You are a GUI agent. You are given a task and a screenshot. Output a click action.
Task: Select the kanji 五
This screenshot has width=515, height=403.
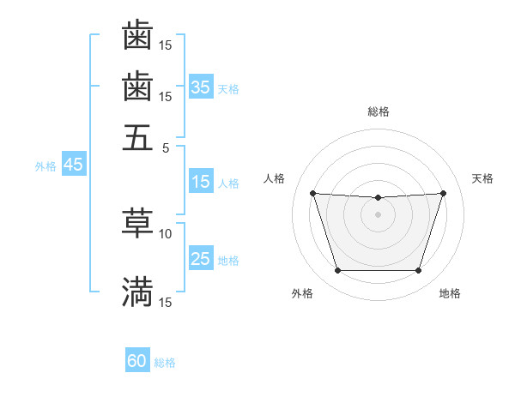pyautogui.click(x=138, y=137)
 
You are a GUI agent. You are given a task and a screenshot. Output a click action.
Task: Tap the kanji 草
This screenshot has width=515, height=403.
pyautogui.click(x=138, y=222)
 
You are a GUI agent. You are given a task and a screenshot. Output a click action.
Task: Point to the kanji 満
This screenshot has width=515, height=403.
pyautogui.click(x=138, y=292)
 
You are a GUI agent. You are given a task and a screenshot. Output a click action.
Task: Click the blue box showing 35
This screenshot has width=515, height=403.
pyautogui.click(x=201, y=87)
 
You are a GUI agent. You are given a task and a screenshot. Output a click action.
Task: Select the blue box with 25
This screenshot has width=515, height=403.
pyautogui.click(x=201, y=260)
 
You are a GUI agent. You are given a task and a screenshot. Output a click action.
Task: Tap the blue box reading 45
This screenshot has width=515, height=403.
pyautogui.click(x=73, y=165)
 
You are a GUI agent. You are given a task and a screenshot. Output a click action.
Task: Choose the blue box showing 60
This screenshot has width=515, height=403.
pyautogui.click(x=137, y=361)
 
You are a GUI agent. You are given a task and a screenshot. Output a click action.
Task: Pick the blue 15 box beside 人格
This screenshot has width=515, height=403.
pyautogui.click(x=201, y=183)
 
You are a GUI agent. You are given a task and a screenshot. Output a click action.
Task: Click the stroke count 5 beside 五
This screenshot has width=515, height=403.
pyautogui.click(x=167, y=147)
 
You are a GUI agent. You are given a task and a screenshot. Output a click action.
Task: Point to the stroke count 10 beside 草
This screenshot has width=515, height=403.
pyautogui.click(x=166, y=232)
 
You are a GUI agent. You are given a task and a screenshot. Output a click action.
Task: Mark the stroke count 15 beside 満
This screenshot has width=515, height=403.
pyautogui.click(x=166, y=303)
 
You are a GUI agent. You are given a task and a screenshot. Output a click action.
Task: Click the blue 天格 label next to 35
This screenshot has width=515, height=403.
pyautogui.click(x=228, y=88)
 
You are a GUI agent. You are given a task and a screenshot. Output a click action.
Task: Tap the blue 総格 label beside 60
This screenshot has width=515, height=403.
pyautogui.click(x=165, y=363)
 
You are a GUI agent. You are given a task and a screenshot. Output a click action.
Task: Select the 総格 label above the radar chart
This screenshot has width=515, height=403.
pyautogui.click(x=379, y=111)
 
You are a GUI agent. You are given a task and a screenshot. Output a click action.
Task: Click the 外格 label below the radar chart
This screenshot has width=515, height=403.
pyautogui.click(x=302, y=293)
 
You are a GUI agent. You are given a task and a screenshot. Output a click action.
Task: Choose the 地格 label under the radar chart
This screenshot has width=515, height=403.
pyautogui.click(x=450, y=293)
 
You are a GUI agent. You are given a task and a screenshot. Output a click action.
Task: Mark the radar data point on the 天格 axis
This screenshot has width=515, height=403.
pyautogui.click(x=443, y=193)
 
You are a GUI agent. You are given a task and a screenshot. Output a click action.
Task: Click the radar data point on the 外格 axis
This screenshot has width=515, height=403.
pyautogui.click(x=337, y=271)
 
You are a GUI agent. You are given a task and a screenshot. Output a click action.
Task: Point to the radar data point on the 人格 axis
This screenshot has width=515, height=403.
pyautogui.click(x=313, y=193)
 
